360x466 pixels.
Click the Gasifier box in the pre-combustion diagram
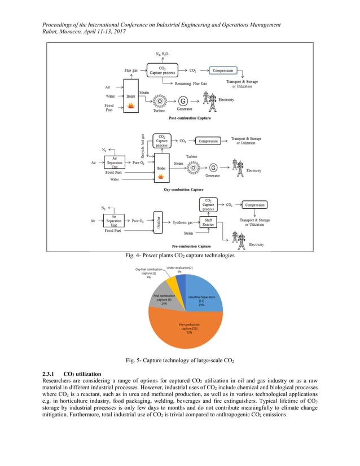pyautogui.click(x=159, y=222)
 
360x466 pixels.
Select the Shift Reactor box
pyautogui.click(x=208, y=222)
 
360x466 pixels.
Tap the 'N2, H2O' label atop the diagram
pyautogui.click(x=163, y=54)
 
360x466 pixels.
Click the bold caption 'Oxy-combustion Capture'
pyautogui.click(x=183, y=190)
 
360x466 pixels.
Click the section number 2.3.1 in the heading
pyautogui.click(x=50, y=374)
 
